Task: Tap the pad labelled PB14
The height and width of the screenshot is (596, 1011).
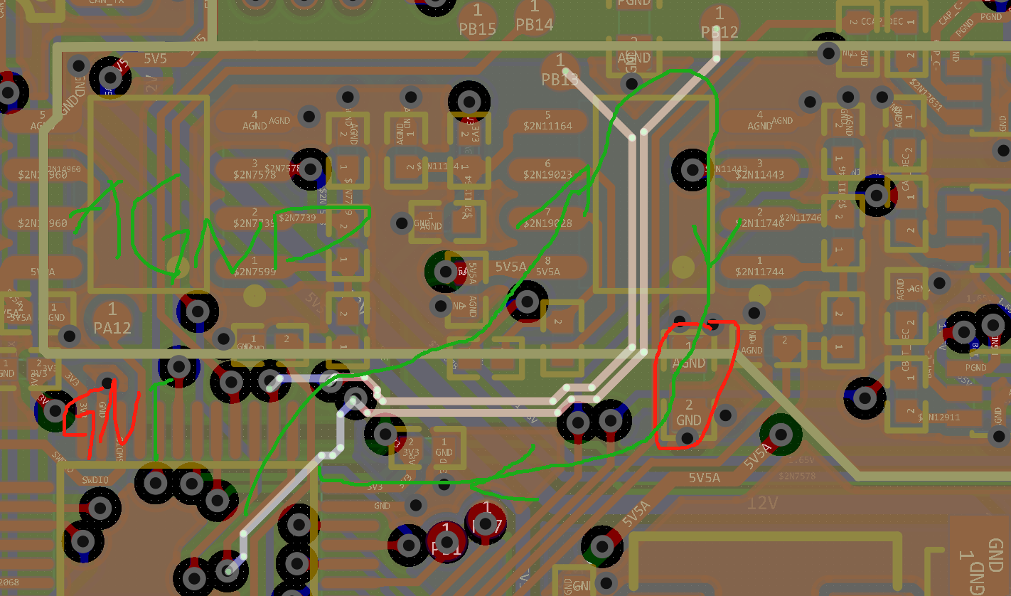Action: point(535,16)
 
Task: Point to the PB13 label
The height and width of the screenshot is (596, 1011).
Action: point(560,79)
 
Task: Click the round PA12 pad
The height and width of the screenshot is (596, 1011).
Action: point(112,319)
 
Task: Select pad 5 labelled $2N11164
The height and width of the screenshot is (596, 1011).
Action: point(547,121)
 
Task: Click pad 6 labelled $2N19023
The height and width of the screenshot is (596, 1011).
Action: point(547,169)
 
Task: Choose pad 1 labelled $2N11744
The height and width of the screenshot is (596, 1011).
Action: point(759,267)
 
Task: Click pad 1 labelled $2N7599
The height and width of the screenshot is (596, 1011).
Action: point(255,267)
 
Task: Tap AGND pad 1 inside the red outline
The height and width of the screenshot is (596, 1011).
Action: point(688,356)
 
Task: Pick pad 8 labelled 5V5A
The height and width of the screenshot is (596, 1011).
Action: point(547,267)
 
